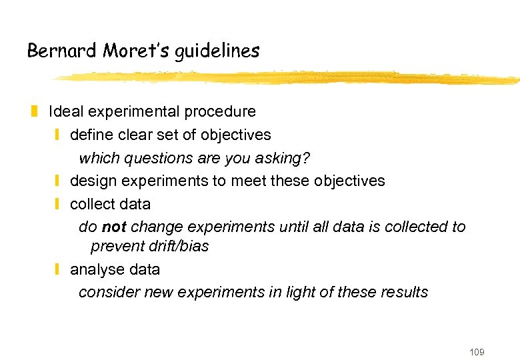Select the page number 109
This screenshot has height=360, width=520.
coord(476,351)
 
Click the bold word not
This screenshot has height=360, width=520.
coord(114,227)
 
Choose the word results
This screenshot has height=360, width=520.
coord(403,292)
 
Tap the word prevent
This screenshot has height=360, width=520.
coord(115,246)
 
